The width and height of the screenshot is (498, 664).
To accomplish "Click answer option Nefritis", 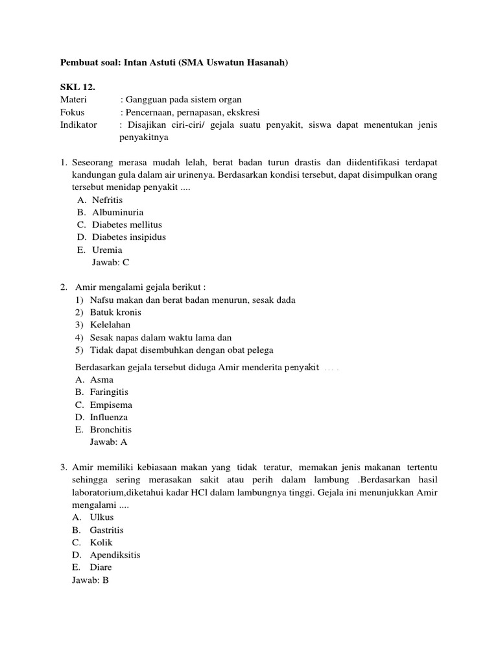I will [107, 200].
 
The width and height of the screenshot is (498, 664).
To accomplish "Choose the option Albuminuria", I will [117, 212].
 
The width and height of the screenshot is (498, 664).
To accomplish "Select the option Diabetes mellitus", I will [127, 224].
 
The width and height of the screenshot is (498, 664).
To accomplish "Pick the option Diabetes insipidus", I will [128, 237].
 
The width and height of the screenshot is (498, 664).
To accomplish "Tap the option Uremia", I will [107, 250].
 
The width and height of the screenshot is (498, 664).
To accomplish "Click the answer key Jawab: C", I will [112, 262].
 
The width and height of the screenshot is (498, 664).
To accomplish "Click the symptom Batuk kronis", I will [115, 313].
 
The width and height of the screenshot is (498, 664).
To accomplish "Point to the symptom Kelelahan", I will [110, 325].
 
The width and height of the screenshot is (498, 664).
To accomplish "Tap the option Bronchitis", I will [111, 429].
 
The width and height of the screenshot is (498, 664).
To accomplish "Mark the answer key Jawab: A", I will [109, 442].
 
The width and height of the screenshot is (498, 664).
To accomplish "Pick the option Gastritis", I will [107, 530].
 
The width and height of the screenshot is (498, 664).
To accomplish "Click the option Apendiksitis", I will [115, 555].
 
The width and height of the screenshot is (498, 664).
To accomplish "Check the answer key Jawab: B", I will [90, 580].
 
